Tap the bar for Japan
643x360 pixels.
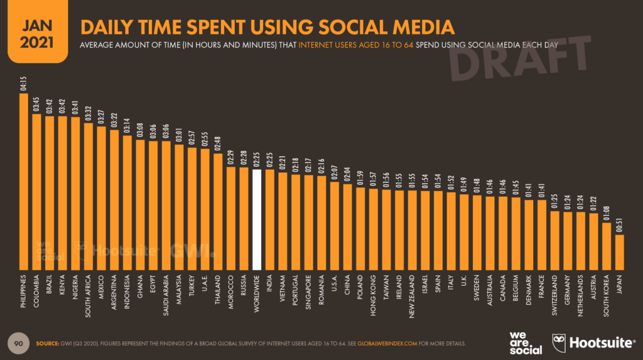pos(619,251)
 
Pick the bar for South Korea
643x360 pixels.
pos(606,245)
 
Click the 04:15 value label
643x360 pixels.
pos(24,84)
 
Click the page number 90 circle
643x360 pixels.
pos(18,344)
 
